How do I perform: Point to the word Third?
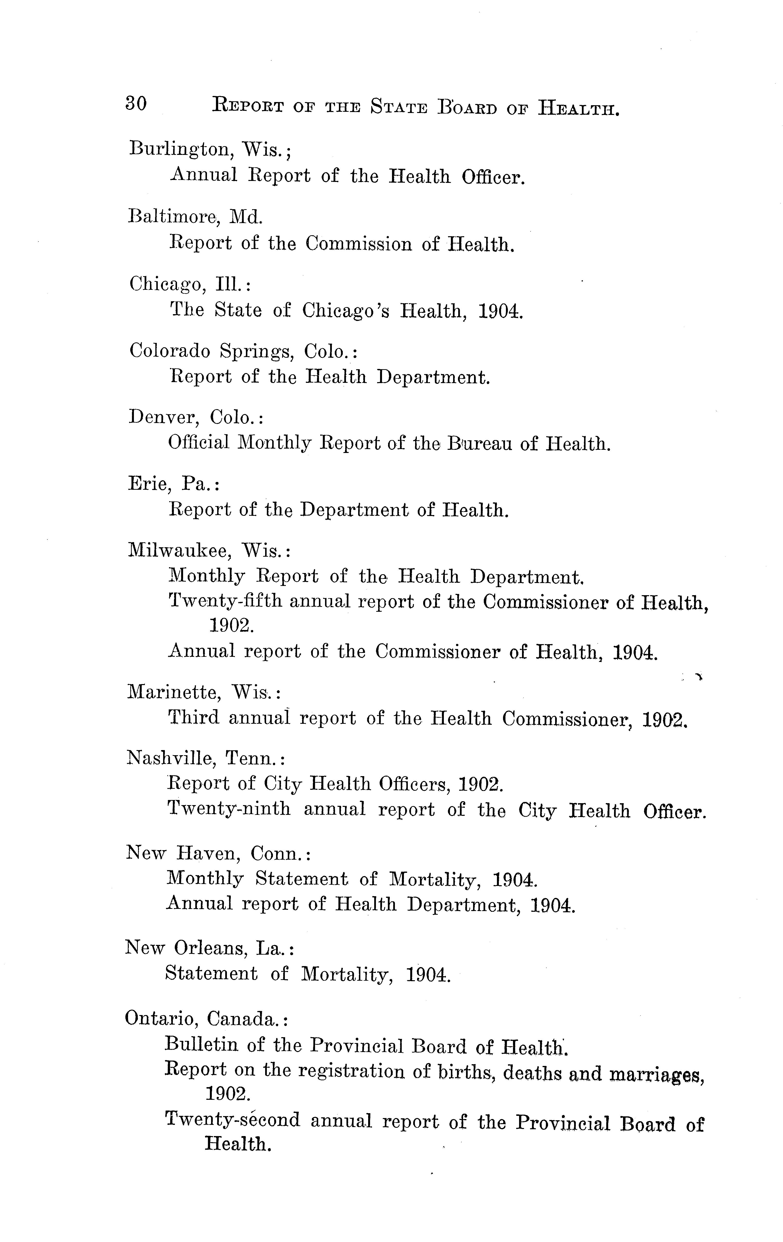coord(193,718)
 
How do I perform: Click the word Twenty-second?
coord(232,1120)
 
